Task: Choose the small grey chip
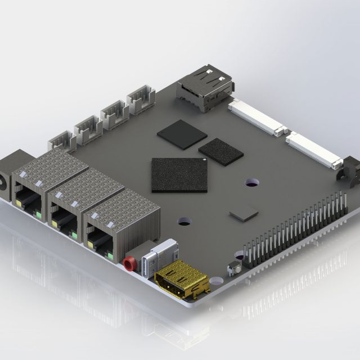[244, 213]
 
